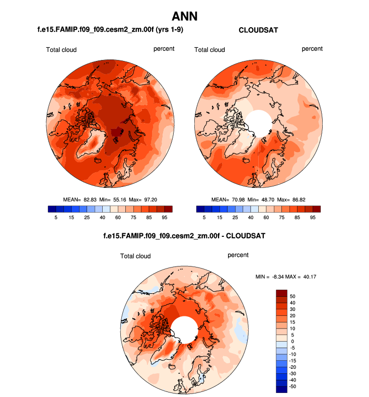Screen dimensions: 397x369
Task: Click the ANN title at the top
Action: pyautogui.click(x=184, y=16)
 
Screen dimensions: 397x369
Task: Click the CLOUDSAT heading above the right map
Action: pyautogui.click(x=258, y=30)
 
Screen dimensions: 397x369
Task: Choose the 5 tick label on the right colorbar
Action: pyautogui.click(x=204, y=218)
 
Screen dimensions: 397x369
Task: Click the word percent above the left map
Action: pyautogui.click(x=164, y=49)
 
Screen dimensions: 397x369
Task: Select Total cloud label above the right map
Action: pyautogui.click(x=209, y=49)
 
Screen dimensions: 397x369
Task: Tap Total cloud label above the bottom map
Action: pyautogui.click(x=135, y=256)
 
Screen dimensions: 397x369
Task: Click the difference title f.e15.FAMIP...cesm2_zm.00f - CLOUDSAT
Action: pyautogui.click(x=184, y=235)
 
